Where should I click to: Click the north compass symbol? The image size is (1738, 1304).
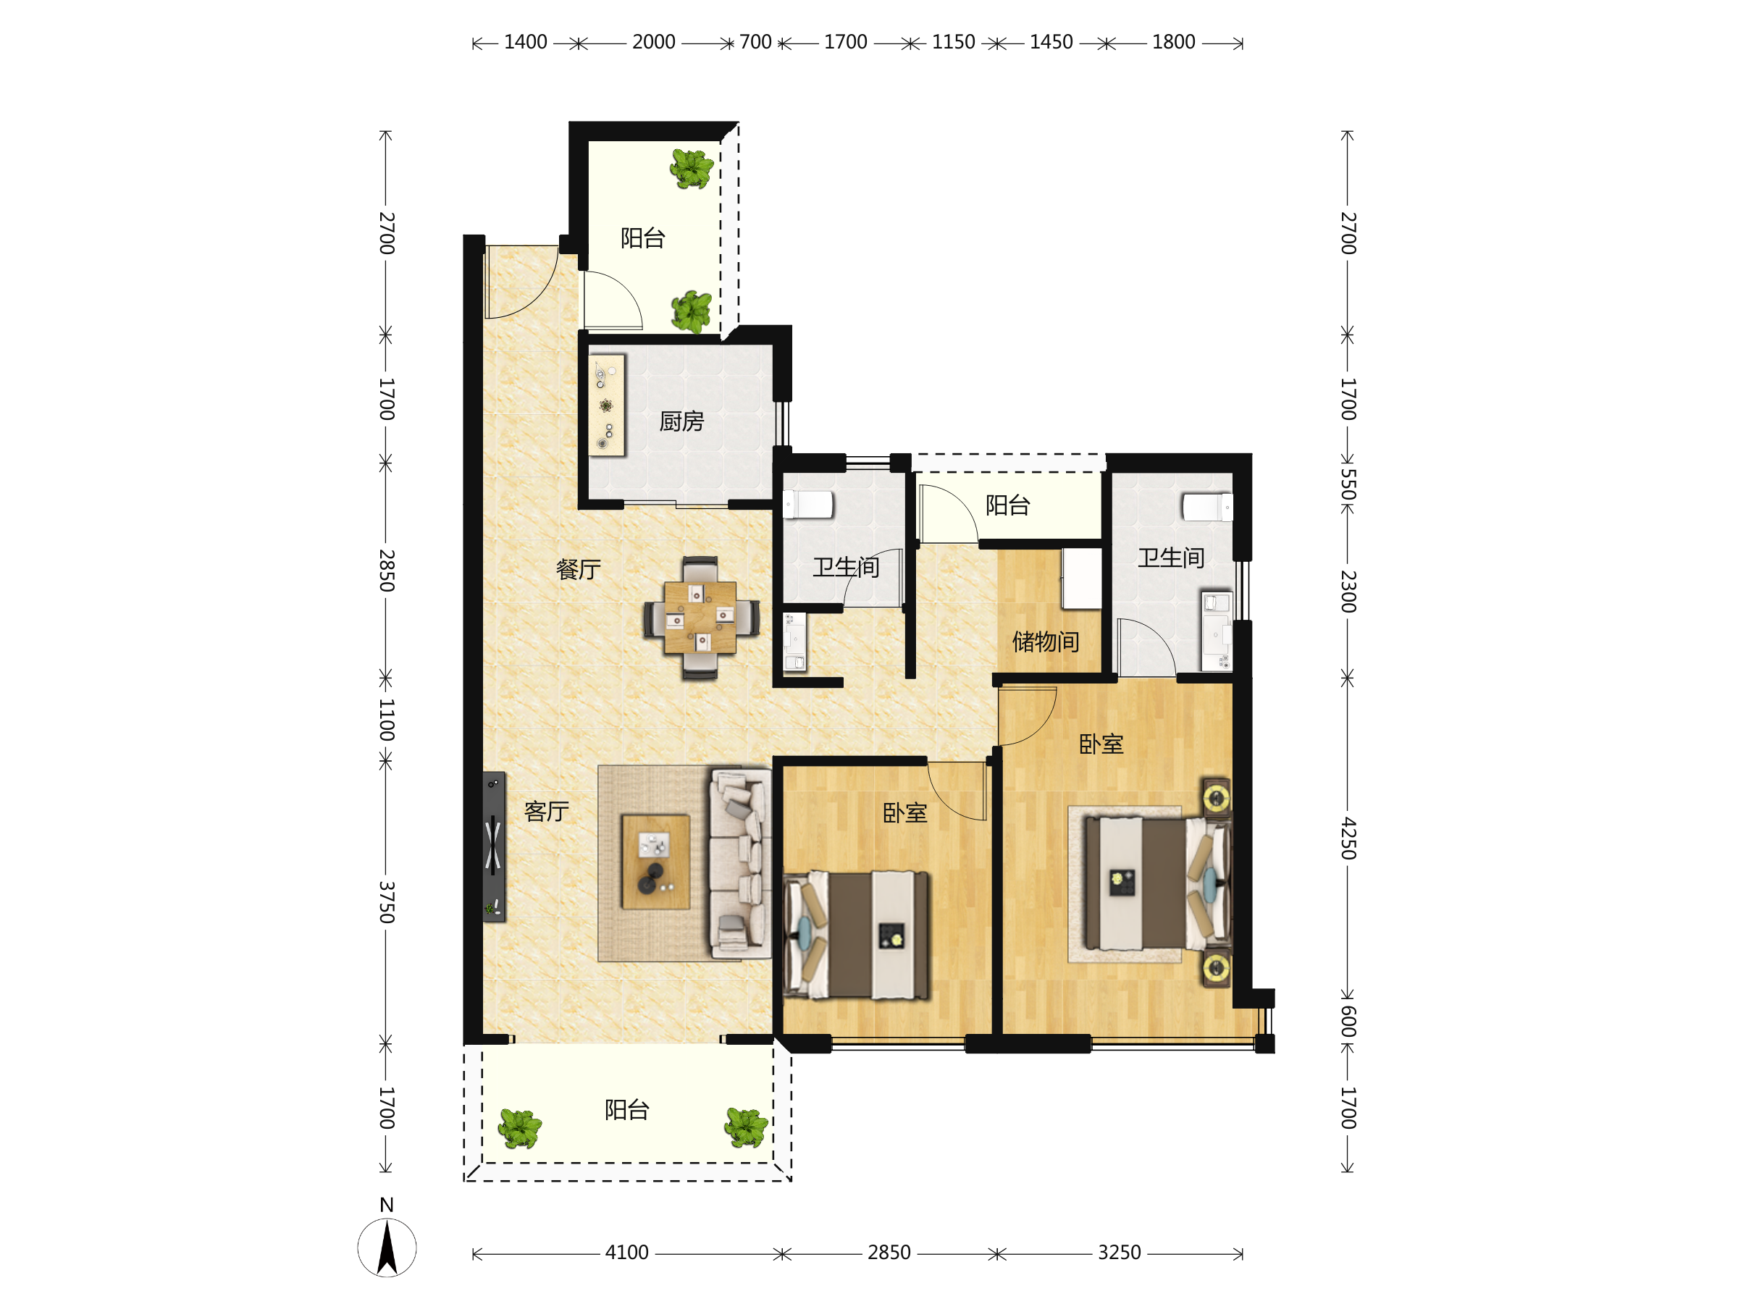tap(387, 1247)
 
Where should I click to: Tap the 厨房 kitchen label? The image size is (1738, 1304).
tap(681, 422)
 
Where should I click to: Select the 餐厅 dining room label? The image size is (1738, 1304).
tap(579, 570)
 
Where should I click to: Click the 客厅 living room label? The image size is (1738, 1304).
tap(547, 812)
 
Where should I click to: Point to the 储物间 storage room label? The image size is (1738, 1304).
tap(1046, 642)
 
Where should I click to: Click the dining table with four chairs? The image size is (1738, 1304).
tap(701, 618)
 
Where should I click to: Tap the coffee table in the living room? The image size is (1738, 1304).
tap(656, 862)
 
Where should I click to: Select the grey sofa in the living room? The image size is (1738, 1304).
tap(740, 863)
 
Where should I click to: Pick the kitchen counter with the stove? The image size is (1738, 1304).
tap(607, 405)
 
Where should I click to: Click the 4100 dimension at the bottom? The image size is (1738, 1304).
tap(626, 1252)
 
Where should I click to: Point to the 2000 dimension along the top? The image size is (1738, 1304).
tap(654, 42)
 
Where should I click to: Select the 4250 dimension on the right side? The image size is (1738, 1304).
tap(1348, 838)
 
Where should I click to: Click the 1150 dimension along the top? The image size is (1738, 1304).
tap(953, 42)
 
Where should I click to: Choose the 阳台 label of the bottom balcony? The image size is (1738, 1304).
tap(627, 1110)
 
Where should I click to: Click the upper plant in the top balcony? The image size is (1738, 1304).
tap(692, 168)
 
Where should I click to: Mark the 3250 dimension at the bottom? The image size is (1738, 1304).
tap(1119, 1252)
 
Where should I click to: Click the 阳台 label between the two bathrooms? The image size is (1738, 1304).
tap(1008, 505)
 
